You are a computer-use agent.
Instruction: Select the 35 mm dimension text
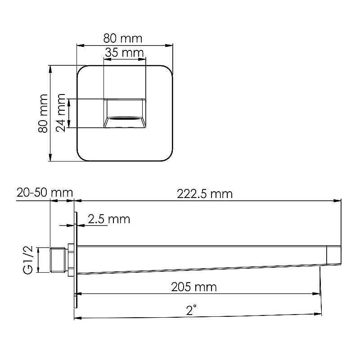coord(125,52)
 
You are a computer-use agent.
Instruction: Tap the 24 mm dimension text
coord(61,114)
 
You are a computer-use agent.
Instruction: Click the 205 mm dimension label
coord(194,287)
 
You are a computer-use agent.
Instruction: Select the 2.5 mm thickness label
coord(108,219)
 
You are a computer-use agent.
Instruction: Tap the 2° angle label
coord(192,310)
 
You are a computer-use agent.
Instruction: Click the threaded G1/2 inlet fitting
coord(57,260)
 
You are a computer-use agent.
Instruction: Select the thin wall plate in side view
coord(76,260)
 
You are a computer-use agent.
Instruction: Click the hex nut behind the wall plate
coord(70,260)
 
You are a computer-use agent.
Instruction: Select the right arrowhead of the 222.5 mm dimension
coord(339,201)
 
